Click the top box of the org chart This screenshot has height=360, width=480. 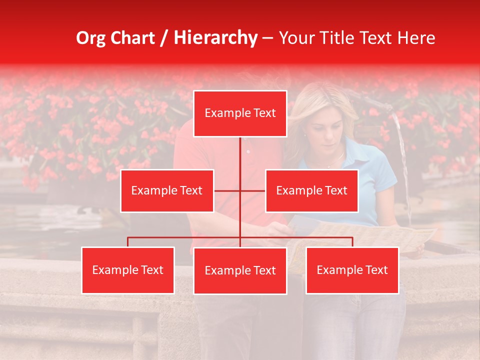tap(240, 113)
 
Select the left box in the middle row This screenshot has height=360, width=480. tap(167, 190)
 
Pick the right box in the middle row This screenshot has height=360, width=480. tap(311, 190)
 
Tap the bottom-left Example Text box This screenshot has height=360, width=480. tap(128, 270)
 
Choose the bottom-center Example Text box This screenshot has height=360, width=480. tap(240, 270)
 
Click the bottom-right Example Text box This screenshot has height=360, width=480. tap(352, 270)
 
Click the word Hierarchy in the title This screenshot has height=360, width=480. tap(215, 38)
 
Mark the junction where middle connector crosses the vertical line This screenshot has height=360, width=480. tap(240, 190)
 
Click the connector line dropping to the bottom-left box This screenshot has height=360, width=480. tap(128, 242)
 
